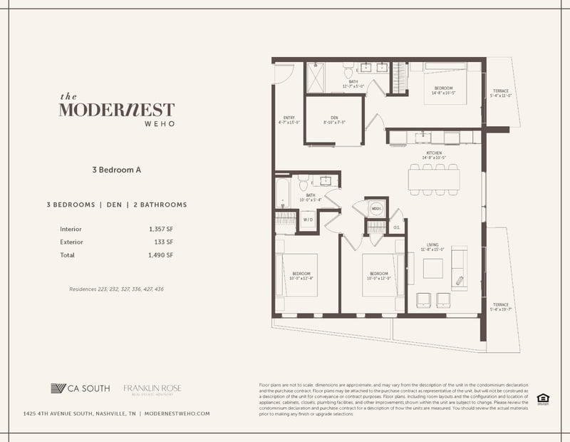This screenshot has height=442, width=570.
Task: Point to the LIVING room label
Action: pos(431,248)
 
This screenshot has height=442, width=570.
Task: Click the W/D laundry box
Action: pos(309,221)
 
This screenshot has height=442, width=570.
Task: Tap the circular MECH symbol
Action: pos(377,209)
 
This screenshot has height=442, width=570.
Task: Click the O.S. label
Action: pos(397,227)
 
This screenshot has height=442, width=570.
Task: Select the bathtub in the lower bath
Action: pos(282,192)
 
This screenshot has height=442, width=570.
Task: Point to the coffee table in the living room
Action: pos(432,268)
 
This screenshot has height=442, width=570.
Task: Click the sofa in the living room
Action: pos(458,268)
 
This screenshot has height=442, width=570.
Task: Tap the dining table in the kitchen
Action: pos(433,179)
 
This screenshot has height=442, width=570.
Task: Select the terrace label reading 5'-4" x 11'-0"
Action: pos(501,93)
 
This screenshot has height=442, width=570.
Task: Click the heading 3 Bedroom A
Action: pos(117,170)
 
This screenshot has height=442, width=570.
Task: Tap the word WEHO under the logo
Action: pos(117,124)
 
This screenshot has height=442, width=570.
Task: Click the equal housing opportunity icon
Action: pos(542,398)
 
